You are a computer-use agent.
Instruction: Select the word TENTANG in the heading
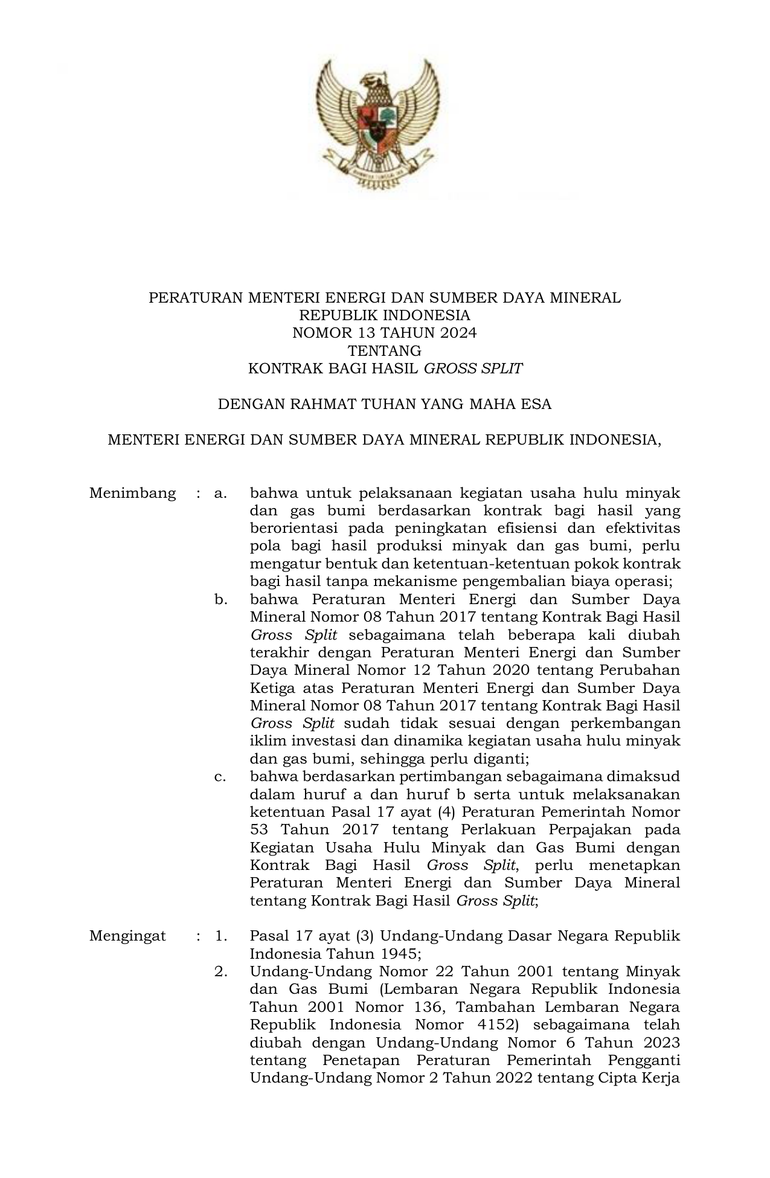tap(385, 350)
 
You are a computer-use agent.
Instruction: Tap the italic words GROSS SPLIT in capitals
tap(473, 369)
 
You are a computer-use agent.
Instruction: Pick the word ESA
tap(536, 404)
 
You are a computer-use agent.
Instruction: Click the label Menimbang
tap(133, 493)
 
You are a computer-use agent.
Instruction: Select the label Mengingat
tap(127, 936)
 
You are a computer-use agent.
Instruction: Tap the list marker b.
tap(220, 599)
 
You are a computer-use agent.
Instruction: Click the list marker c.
tap(220, 776)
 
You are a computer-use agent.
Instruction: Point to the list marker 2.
tap(220, 971)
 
